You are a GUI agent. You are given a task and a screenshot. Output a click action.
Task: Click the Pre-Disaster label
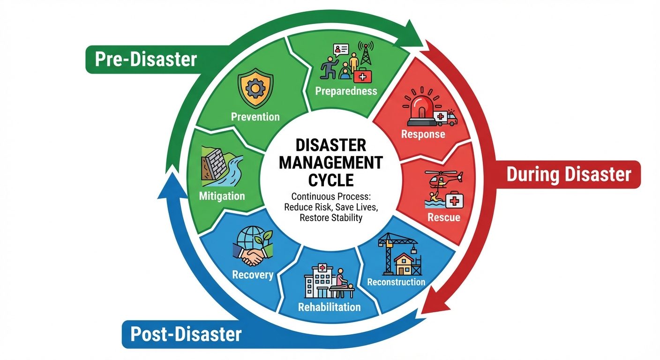pos(145,60)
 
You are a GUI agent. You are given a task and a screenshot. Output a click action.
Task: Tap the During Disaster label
pos(569,174)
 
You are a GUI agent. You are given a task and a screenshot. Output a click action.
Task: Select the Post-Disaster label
pos(186,335)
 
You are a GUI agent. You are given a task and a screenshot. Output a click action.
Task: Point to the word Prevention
pos(255,116)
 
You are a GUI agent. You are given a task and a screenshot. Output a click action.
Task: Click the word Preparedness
pos(346,91)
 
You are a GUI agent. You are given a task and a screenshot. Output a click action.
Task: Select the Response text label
pos(423,135)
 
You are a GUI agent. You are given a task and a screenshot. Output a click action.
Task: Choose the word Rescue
pos(443,217)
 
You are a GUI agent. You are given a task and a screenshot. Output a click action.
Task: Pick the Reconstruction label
pos(396,282)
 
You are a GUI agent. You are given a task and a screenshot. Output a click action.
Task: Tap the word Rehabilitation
pos(330,307)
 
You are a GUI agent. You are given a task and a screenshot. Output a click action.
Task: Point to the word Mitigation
pos(222,195)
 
